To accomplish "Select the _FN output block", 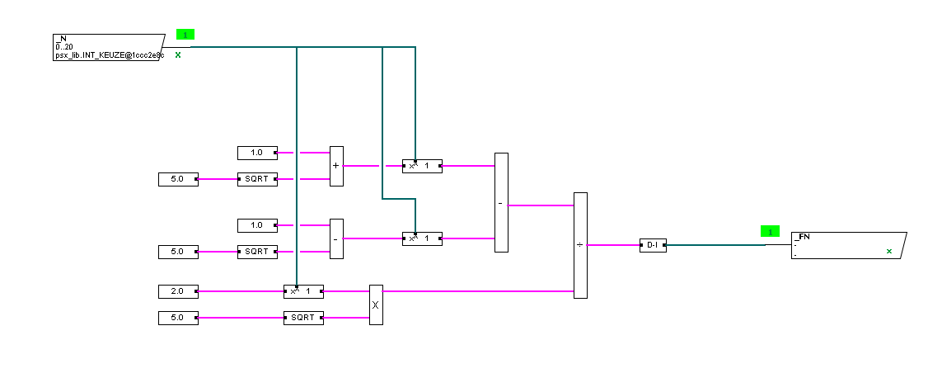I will [x=847, y=245].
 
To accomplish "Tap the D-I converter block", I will [x=653, y=245].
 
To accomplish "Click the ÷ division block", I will [x=580, y=245].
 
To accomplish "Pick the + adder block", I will [x=336, y=166].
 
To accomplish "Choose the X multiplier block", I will [x=376, y=305].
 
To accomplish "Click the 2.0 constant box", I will [x=178, y=291].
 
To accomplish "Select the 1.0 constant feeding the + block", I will [x=257, y=153].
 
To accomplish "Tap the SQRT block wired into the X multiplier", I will [x=303, y=318].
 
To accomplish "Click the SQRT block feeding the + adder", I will [x=257, y=179].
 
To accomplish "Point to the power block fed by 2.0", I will [x=303, y=291].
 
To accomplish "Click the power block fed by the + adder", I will [x=422, y=166].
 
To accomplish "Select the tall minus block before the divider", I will [x=501, y=202].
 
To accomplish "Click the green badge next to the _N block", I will [x=185, y=35].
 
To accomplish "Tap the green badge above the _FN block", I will [x=769, y=232].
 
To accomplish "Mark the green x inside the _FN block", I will [x=888, y=251].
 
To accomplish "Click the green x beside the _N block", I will [x=178, y=54].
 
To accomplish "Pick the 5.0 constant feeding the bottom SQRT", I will [x=178, y=318].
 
